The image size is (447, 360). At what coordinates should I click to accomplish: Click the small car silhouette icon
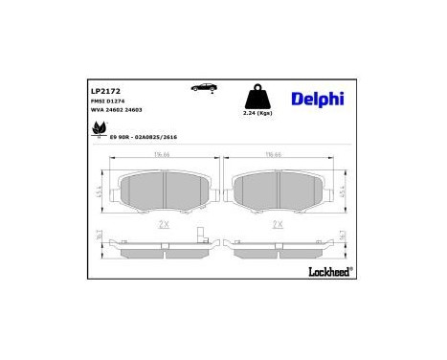[205, 87]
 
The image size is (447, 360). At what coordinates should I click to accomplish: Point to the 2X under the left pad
[166, 225]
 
